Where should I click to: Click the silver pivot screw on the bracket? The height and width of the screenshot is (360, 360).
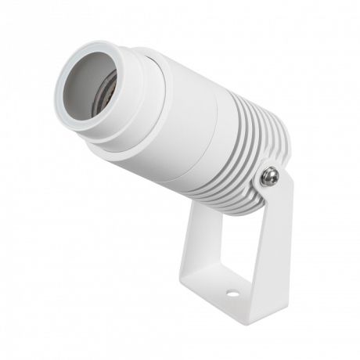click(270, 178)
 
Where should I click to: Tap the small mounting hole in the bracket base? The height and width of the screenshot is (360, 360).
click(232, 295)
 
